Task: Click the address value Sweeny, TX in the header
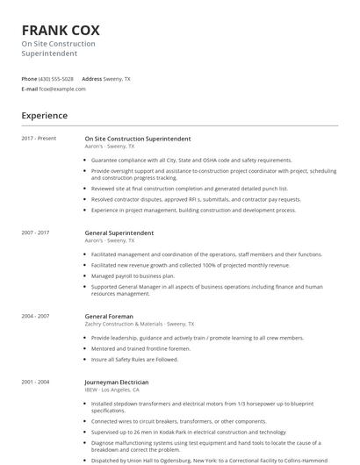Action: point(118,78)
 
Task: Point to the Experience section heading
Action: point(44,115)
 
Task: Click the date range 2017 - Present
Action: point(39,139)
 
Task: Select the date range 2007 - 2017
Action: point(36,233)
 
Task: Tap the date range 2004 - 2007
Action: point(36,315)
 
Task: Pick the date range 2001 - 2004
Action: point(36,383)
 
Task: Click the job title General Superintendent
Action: point(119,232)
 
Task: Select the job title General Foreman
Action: point(109,315)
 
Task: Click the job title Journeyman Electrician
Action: point(116,383)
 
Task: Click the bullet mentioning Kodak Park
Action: point(188,432)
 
